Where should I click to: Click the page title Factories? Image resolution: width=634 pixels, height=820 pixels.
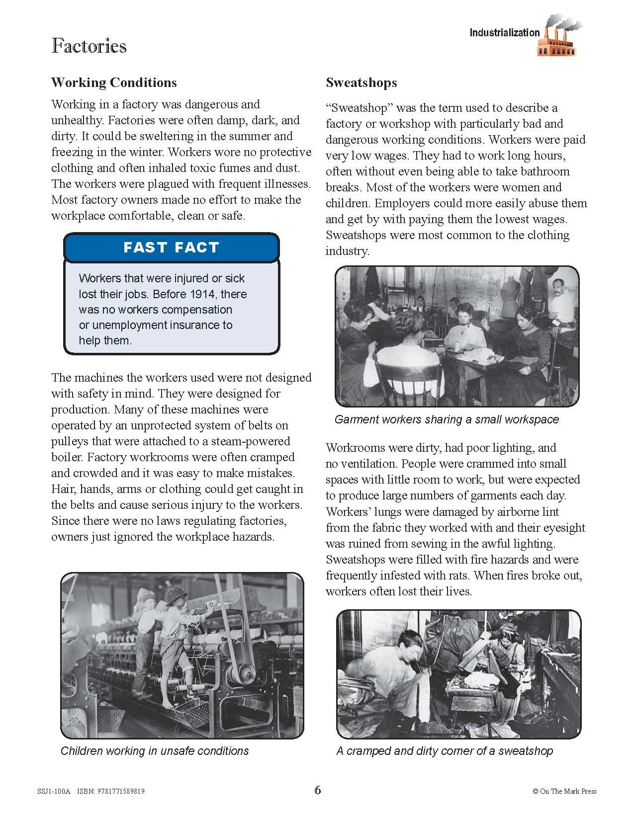pos(89,46)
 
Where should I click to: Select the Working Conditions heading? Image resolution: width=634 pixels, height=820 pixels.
pos(114,82)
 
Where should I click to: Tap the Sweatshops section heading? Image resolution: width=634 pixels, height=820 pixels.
pos(361,82)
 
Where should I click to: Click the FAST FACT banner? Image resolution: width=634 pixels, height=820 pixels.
pos(171,247)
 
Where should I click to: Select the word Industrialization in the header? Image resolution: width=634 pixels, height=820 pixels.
pos(505,33)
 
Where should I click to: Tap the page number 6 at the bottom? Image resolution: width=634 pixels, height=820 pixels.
pos(318,790)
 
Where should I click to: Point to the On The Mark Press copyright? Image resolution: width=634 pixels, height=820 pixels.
pos(564,791)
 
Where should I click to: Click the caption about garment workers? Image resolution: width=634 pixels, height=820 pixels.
pos(447,419)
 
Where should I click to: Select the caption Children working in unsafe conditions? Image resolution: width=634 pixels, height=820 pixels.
pos(154,750)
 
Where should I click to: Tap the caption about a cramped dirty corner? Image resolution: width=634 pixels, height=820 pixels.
pos(445,750)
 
